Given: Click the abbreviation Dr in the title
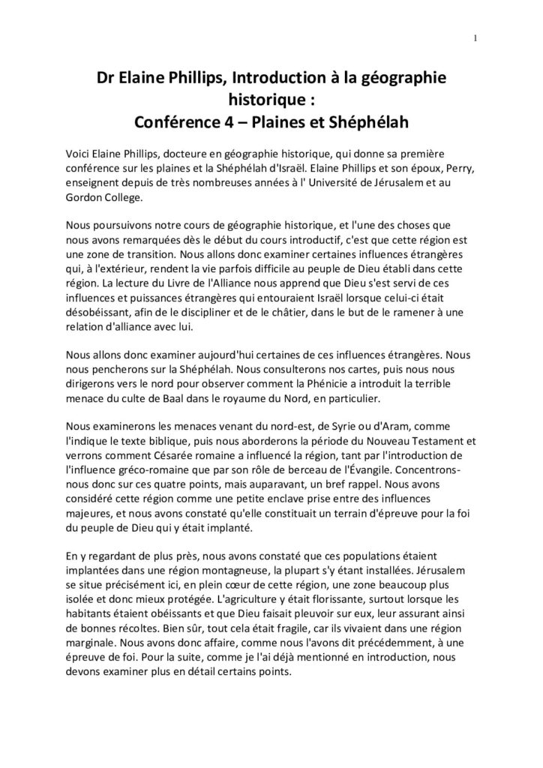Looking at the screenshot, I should (109, 79).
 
